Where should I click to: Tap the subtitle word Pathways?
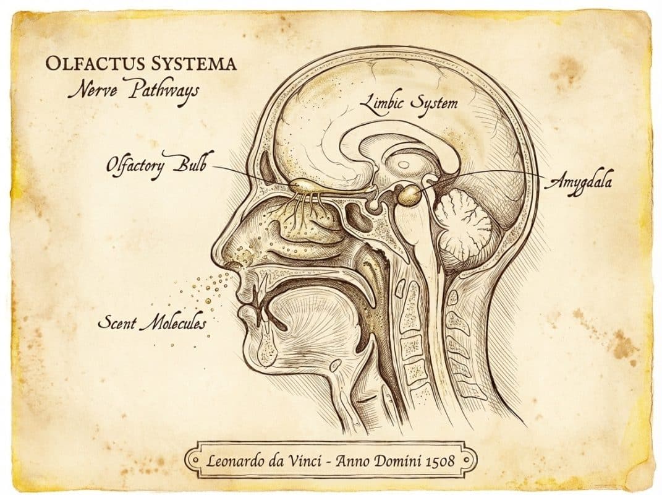(164, 91)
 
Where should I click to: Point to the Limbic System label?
(409, 102)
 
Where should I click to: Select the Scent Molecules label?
(152, 322)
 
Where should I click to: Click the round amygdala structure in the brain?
(409, 196)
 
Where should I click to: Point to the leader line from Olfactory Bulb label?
(247, 173)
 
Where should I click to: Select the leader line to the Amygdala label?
(494, 173)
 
